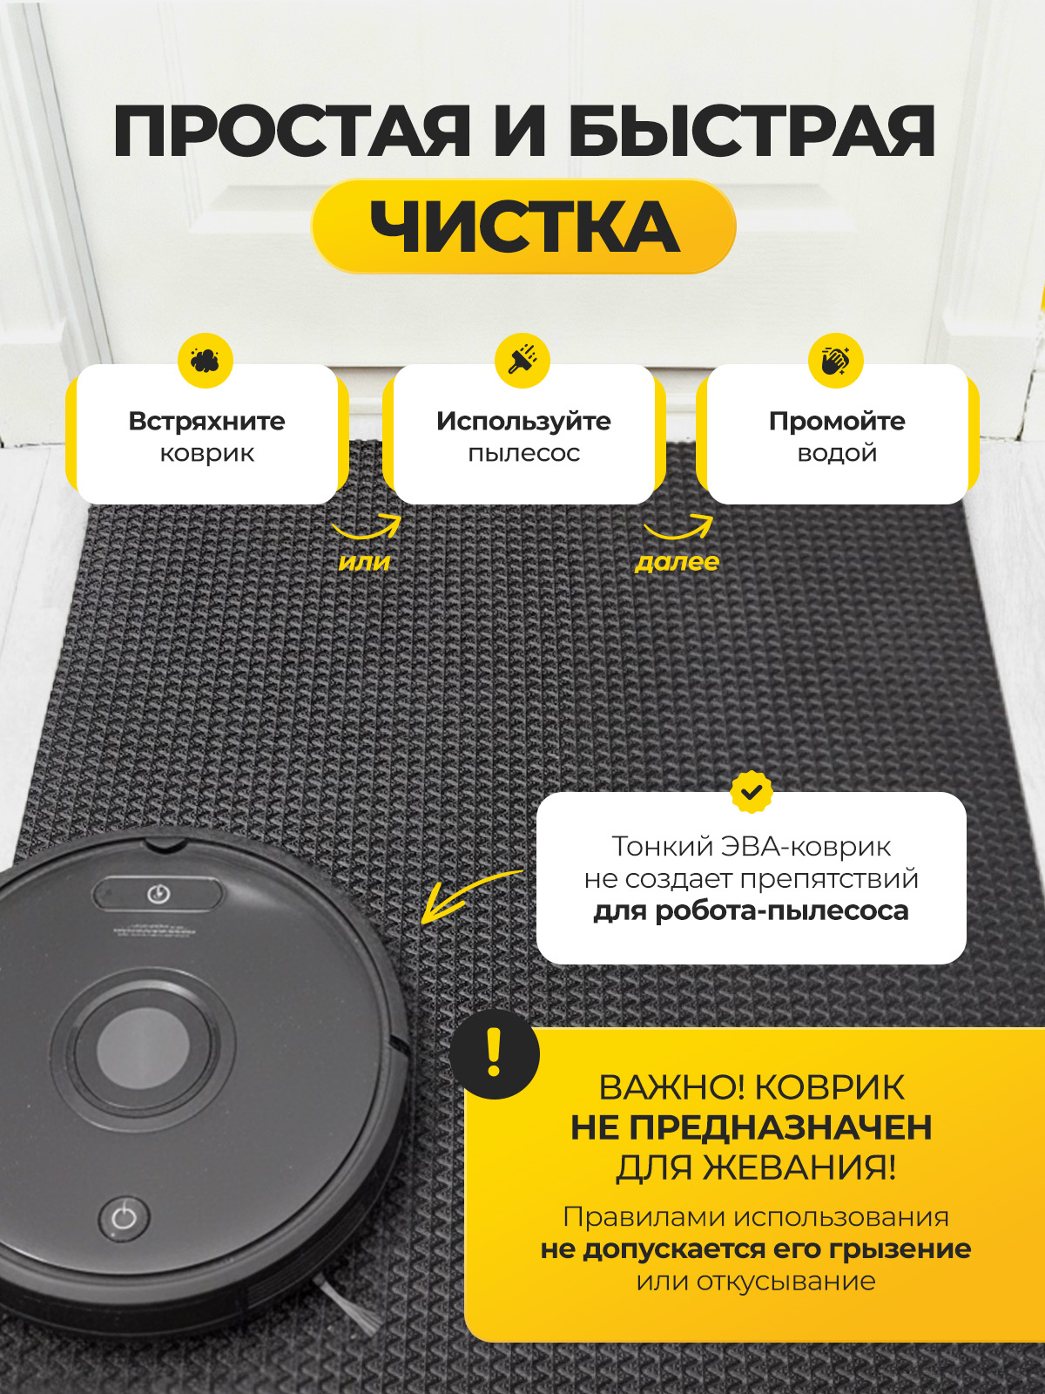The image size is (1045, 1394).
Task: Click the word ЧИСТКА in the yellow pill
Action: coord(524,227)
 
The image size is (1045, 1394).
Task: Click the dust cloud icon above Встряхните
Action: coord(205,361)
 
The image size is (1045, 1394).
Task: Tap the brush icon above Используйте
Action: coord(522,361)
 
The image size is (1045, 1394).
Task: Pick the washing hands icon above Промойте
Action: coord(836,361)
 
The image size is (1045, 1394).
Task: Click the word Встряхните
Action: coord(207,421)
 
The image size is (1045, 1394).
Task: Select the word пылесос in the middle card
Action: coord(524,453)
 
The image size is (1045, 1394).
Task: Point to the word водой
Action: coord(837,453)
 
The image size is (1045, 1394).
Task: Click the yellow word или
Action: coord(364,562)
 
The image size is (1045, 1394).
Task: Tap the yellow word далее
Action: coord(677,561)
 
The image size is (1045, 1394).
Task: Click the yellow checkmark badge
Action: coord(752,792)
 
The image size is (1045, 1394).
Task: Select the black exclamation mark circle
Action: coord(495,1053)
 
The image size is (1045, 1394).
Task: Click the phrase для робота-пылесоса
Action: coord(752,910)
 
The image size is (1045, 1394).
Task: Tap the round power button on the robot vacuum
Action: coord(125,1218)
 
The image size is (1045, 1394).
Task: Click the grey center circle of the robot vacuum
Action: coord(144,1047)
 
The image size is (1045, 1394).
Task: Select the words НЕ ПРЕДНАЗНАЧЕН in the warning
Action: coord(752,1128)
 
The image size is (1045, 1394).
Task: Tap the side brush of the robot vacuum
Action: coord(350,1303)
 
